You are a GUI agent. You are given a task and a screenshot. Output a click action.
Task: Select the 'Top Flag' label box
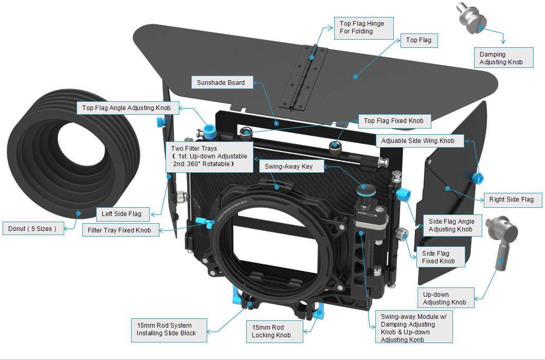coord(419,40)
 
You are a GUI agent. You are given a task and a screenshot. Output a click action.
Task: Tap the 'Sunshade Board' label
coord(221,82)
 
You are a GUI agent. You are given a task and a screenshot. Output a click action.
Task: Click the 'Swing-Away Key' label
coord(288,166)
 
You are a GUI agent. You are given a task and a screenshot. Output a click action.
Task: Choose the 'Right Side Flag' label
coord(511,200)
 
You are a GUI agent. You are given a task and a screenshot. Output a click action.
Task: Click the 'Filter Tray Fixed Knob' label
coord(119,230)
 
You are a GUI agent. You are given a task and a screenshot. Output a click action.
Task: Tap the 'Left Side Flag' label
coord(122,213)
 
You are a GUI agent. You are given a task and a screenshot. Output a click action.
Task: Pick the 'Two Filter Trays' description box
coord(209,156)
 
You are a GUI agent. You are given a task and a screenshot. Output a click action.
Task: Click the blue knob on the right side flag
coord(478,178)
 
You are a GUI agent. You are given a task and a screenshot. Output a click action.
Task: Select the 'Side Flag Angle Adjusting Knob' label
coord(451,225)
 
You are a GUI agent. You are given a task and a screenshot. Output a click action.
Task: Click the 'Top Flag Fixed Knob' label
coord(393,121)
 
